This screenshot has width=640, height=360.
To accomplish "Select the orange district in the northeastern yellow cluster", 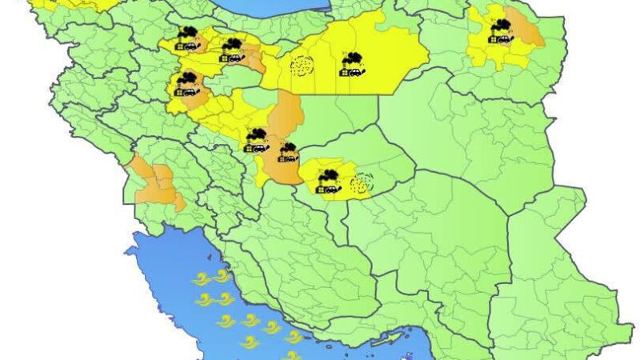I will point(524,32).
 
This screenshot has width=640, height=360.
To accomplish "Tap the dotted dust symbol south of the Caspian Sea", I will point(302,66).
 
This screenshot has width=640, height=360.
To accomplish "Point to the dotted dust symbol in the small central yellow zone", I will point(361,183).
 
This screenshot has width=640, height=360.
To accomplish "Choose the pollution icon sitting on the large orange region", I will point(287,151).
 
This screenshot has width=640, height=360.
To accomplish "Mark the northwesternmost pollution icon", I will point(188,38).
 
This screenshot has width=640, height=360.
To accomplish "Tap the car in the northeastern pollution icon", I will point(509,38).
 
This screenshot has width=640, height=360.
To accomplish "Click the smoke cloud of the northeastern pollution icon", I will point(502,25).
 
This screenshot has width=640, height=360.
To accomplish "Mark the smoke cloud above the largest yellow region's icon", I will point(353,56).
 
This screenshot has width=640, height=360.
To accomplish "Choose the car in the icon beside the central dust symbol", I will point(335,189).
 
